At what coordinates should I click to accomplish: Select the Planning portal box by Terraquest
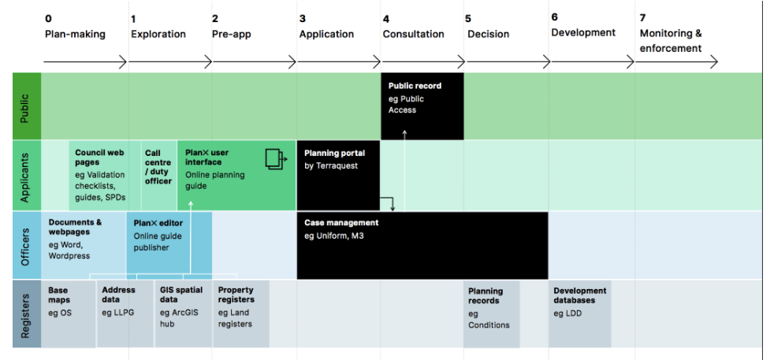pyautogui.click(x=338, y=175)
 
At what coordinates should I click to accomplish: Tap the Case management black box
pyautogui.click(x=422, y=245)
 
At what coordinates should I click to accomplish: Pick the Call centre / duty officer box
pyautogui.click(x=158, y=175)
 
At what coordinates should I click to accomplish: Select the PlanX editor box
pyautogui.click(x=169, y=242)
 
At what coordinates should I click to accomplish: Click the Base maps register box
pyautogui.click(x=68, y=313)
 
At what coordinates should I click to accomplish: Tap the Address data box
pyautogui.click(x=125, y=313)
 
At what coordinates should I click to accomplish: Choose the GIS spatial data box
pyautogui.click(x=182, y=313)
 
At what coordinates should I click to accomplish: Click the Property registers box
pyautogui.click(x=240, y=313)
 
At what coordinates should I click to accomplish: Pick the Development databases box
pyautogui.click(x=580, y=313)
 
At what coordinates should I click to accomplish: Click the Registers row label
pyautogui.click(x=25, y=313)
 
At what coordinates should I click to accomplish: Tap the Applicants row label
pyautogui.click(x=25, y=176)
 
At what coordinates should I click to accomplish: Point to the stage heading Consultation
pyautogui.click(x=413, y=34)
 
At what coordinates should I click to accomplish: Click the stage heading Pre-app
pyautogui.click(x=231, y=34)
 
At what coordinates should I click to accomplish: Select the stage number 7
pyautogui.click(x=643, y=17)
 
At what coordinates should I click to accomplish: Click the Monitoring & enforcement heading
pyautogui.click(x=671, y=41)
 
